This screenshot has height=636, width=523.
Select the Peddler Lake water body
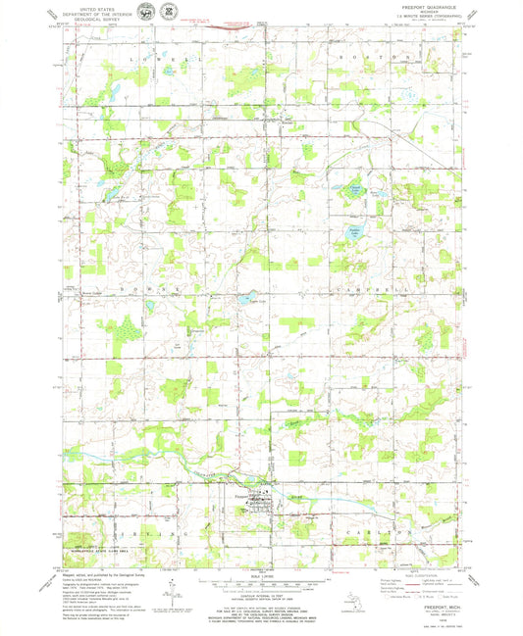pyautogui.click(x=354, y=233)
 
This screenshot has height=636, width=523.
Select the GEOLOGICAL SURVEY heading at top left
pyautogui.click(x=83, y=18)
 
